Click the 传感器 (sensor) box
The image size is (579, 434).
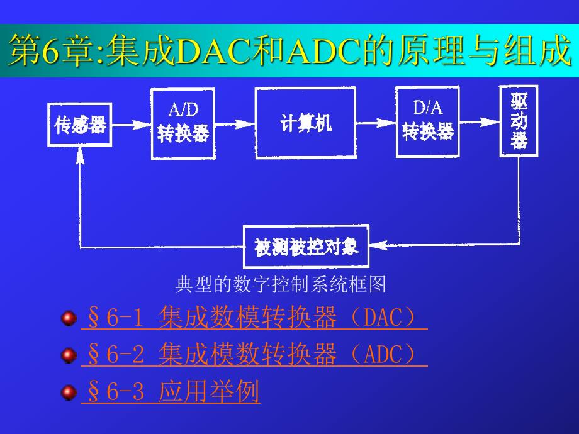pos(80,125)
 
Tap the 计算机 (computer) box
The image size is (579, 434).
pos(305,123)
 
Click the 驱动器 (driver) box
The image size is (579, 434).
pos(519,120)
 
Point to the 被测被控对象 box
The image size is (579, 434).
pos(306,247)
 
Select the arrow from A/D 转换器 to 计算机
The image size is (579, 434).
pos(233,124)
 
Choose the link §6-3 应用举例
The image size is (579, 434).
pos(170,392)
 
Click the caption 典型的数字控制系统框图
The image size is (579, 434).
pos(280,285)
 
